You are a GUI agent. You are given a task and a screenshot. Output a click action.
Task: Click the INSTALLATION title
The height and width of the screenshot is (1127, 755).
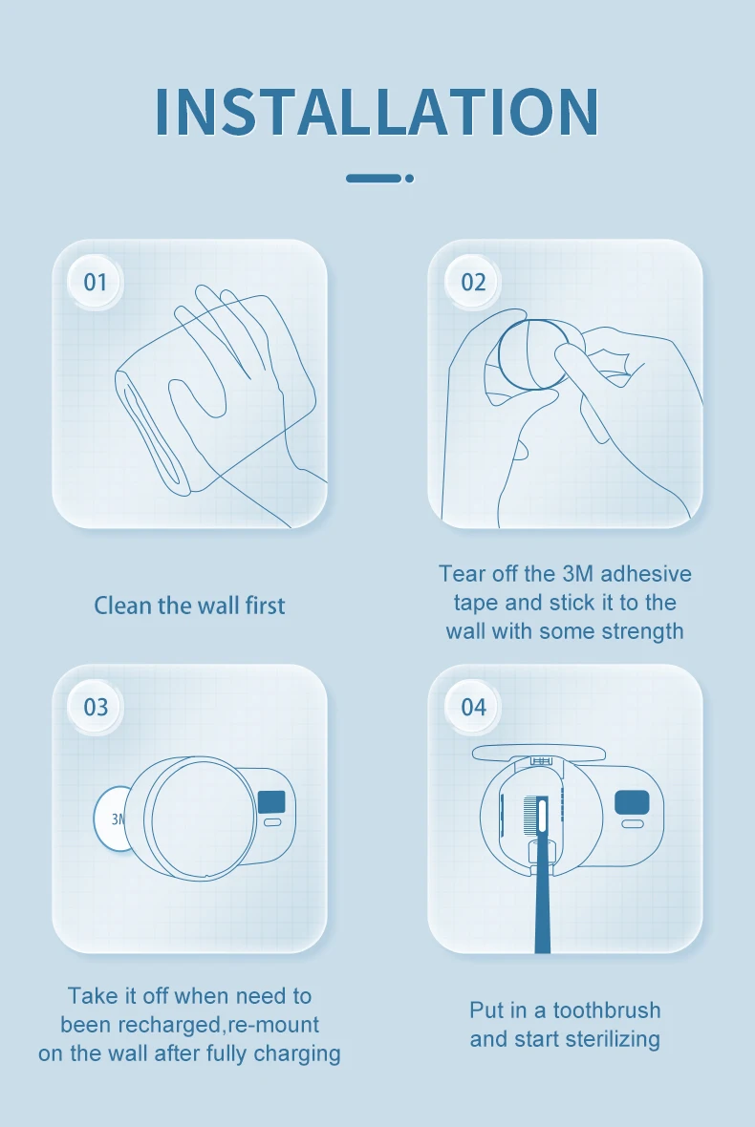(x=377, y=112)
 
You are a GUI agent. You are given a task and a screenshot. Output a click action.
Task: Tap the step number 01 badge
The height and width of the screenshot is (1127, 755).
(x=95, y=282)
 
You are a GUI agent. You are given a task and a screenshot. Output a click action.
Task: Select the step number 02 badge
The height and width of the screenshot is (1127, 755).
(x=472, y=282)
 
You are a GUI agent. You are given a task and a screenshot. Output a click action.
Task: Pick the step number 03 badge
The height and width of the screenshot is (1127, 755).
(x=95, y=707)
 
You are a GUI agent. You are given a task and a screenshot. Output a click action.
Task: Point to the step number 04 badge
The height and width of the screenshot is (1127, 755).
(x=472, y=707)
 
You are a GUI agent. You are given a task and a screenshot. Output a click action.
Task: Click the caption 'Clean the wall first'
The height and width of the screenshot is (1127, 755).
(x=189, y=606)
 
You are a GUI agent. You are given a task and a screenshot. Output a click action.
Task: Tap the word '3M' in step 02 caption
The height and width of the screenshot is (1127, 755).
(x=577, y=574)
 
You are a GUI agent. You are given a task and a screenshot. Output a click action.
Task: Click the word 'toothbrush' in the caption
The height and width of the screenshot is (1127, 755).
(x=606, y=1010)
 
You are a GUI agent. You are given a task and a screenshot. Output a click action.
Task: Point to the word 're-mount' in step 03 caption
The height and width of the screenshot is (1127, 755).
(x=273, y=1024)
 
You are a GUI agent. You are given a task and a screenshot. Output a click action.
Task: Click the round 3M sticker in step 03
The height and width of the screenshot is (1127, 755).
(x=112, y=819)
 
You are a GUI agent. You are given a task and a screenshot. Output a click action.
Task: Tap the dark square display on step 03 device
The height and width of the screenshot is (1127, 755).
(x=271, y=801)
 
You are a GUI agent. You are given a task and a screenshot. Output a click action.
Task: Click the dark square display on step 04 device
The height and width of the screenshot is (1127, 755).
(x=632, y=802)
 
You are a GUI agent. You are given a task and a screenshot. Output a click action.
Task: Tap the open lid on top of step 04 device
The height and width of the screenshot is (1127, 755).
(x=539, y=753)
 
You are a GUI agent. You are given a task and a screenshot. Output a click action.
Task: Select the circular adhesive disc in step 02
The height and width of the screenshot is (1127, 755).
(x=533, y=354)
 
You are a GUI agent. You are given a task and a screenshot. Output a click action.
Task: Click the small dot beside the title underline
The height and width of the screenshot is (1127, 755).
(x=409, y=179)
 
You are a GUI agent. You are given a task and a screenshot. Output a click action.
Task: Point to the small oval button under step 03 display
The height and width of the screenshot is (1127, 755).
(x=272, y=822)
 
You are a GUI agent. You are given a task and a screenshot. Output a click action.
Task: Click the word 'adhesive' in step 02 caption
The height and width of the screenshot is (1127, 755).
(x=646, y=574)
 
